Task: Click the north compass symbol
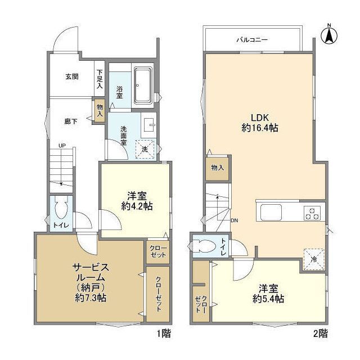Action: coord(329,35)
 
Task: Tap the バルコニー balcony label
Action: coord(252,40)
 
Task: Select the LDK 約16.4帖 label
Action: coord(260,123)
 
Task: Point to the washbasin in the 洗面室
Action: coord(148,125)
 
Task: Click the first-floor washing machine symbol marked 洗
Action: coord(145,149)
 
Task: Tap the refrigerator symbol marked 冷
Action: coord(314,259)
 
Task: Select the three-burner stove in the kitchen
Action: coord(312,213)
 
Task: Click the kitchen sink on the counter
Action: coord(271,212)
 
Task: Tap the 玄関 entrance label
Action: coord(72,76)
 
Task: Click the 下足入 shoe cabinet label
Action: coord(100,79)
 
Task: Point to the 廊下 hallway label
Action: coord(71,121)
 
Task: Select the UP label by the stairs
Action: coord(62,146)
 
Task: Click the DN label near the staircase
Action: coord(235,220)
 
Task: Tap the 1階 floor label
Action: coord(164,333)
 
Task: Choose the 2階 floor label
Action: coord(321,333)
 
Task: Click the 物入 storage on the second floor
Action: coord(218,168)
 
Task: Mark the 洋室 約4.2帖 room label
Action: coord(137,201)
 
